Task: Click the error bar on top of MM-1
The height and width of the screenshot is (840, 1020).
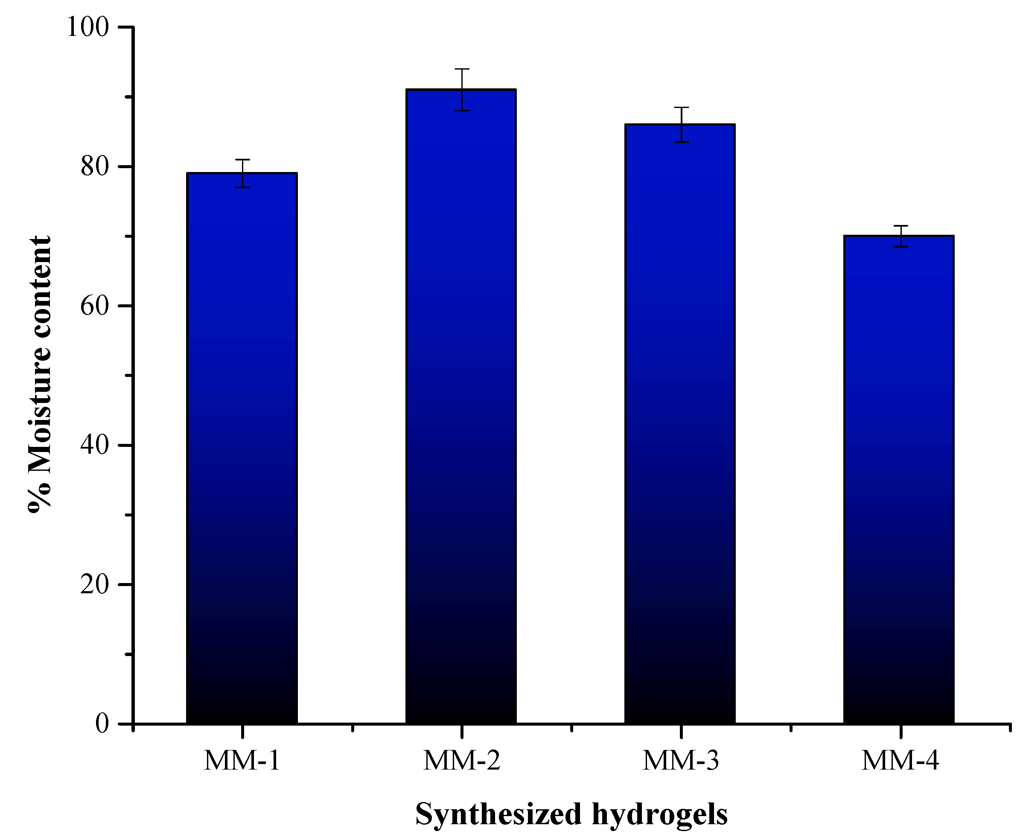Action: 242,173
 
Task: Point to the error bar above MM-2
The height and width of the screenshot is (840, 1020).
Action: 462,90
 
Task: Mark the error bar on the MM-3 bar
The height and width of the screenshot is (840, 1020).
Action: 681,124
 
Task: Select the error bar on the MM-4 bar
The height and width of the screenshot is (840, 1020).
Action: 901,236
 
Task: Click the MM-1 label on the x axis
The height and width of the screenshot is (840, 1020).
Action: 242,761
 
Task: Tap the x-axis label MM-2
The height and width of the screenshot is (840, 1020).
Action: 462,761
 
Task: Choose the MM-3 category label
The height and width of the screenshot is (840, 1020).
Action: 681,761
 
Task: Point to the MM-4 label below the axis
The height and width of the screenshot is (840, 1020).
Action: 900,761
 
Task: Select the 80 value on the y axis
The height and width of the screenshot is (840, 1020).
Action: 95,167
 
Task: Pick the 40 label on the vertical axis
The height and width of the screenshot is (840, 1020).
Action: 95,445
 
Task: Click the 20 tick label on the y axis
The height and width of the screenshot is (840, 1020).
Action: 95,584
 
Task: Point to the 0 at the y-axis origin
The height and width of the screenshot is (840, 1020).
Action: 102,724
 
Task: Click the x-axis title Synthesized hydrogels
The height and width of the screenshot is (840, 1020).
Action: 571,814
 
